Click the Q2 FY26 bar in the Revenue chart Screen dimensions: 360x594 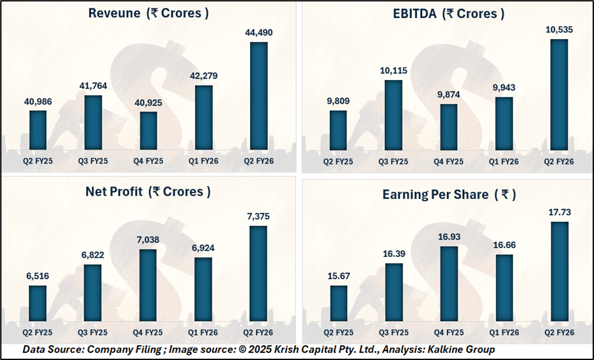coord(259,96)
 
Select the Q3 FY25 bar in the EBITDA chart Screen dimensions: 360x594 coord(394,114)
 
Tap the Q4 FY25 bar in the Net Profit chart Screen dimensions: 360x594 coord(148,285)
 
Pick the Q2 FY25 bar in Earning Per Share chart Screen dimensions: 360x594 coord(338,302)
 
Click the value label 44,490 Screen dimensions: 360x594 coord(259,32)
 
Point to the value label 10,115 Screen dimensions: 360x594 coord(394,70)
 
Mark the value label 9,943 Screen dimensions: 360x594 coord(504,87)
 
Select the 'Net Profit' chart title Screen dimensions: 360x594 coord(148,191)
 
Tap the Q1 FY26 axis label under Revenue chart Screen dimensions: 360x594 coord(204,161)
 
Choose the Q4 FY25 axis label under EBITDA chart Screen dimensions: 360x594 coord(449,161)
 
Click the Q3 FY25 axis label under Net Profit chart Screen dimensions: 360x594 coord(93,333)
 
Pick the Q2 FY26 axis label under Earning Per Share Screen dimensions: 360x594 coord(559,333)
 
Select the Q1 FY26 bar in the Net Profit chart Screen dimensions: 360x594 coord(204,288)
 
